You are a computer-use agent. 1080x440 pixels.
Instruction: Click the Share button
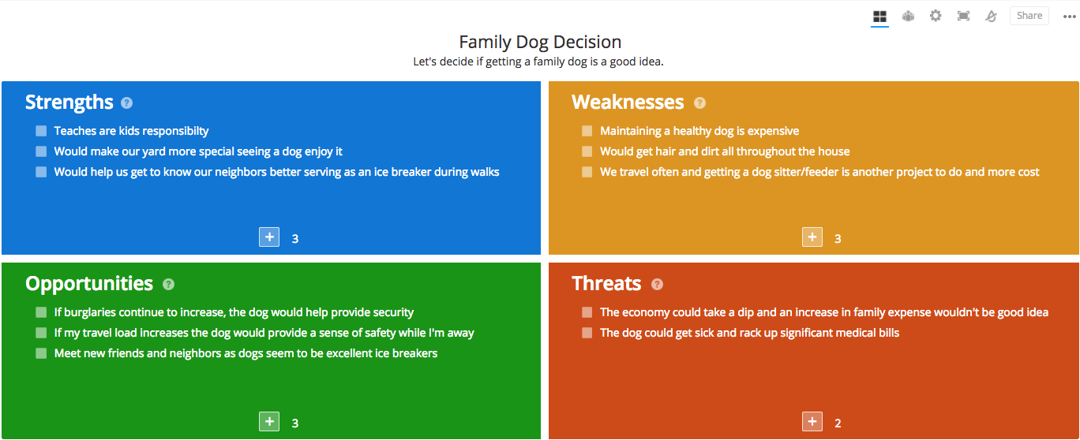pos(1029,16)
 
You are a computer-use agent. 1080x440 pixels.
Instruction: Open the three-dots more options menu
pos(1069,17)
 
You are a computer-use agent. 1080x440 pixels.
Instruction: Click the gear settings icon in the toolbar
pos(936,16)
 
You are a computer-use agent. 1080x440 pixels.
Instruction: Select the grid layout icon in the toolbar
pos(879,16)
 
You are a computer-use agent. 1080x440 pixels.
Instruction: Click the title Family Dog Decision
pos(540,42)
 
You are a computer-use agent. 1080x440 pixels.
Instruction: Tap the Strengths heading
pos(69,103)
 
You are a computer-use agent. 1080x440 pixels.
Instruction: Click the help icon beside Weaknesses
pos(699,103)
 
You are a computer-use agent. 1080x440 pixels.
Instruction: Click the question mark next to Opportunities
pos(168,285)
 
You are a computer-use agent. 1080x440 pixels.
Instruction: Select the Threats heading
pos(606,284)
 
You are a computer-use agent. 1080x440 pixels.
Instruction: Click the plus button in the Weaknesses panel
pos(812,237)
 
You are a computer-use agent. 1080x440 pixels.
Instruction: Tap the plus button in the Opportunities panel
pos(269,422)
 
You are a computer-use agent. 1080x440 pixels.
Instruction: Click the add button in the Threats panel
pos(812,422)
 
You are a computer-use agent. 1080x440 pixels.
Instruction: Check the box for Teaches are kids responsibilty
pos(41,131)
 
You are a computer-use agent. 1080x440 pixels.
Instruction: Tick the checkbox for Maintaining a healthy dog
pos(587,131)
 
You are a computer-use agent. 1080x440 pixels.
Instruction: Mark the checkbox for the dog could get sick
pos(587,333)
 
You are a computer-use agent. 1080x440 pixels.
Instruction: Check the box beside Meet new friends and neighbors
pos(41,353)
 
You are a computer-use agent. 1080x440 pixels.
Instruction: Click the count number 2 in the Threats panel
pos(838,423)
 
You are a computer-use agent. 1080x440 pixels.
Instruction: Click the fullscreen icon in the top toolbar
pos(963,16)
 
